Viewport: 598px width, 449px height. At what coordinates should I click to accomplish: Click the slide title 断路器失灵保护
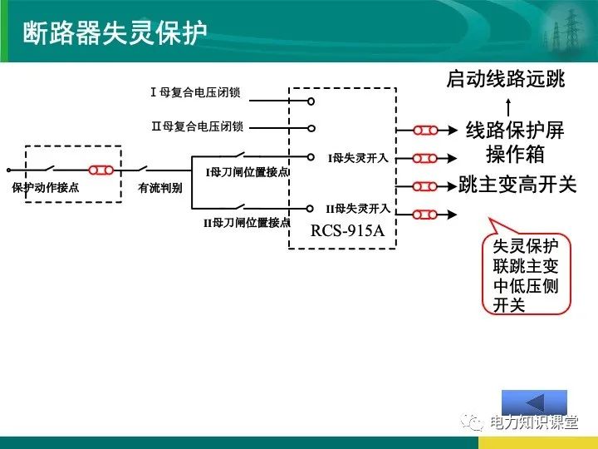click(114, 32)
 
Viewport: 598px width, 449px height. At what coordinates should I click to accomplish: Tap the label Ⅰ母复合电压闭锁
click(196, 92)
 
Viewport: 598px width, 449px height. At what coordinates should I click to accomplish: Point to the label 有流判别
click(160, 188)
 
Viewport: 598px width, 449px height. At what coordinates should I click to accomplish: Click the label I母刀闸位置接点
click(247, 172)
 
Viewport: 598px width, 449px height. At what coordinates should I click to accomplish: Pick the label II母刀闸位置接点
click(247, 223)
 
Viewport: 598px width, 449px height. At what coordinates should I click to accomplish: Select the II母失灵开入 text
click(357, 208)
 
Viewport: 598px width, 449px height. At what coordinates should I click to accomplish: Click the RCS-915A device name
click(348, 230)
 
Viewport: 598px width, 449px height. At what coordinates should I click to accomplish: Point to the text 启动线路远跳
click(505, 79)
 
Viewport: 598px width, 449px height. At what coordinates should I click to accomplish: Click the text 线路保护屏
click(515, 131)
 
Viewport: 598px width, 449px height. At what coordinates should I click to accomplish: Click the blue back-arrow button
click(534, 402)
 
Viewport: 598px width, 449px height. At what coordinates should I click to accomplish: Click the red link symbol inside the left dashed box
click(101, 170)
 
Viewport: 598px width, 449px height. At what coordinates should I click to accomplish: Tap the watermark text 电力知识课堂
click(533, 423)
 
